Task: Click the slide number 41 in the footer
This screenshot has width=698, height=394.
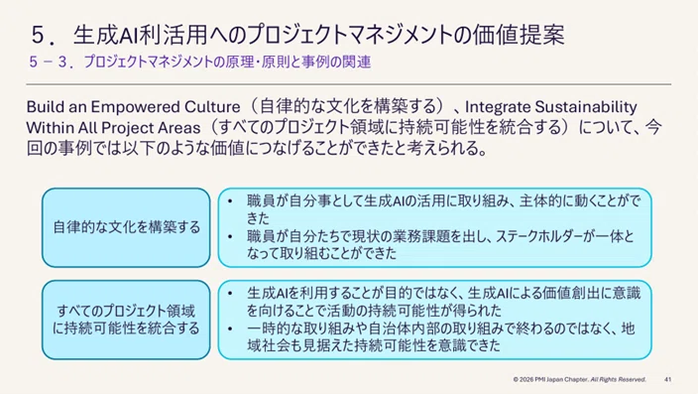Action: (x=667, y=379)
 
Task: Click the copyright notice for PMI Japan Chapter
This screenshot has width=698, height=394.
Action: (x=579, y=379)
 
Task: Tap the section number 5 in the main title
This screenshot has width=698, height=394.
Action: (x=39, y=35)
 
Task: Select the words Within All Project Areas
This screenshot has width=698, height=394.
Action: (x=113, y=128)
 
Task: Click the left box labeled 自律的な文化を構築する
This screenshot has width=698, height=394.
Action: (x=126, y=227)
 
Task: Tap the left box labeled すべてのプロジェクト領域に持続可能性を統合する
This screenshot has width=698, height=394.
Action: (x=126, y=320)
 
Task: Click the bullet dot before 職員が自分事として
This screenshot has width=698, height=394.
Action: (x=230, y=201)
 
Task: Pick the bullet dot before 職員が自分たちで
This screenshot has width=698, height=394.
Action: (x=230, y=236)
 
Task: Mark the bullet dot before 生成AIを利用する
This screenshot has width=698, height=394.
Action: (x=230, y=294)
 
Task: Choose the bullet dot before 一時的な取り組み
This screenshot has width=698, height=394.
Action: (x=230, y=328)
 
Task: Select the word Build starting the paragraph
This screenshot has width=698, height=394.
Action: (x=41, y=107)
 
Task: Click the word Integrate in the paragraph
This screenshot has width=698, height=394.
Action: (x=498, y=107)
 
